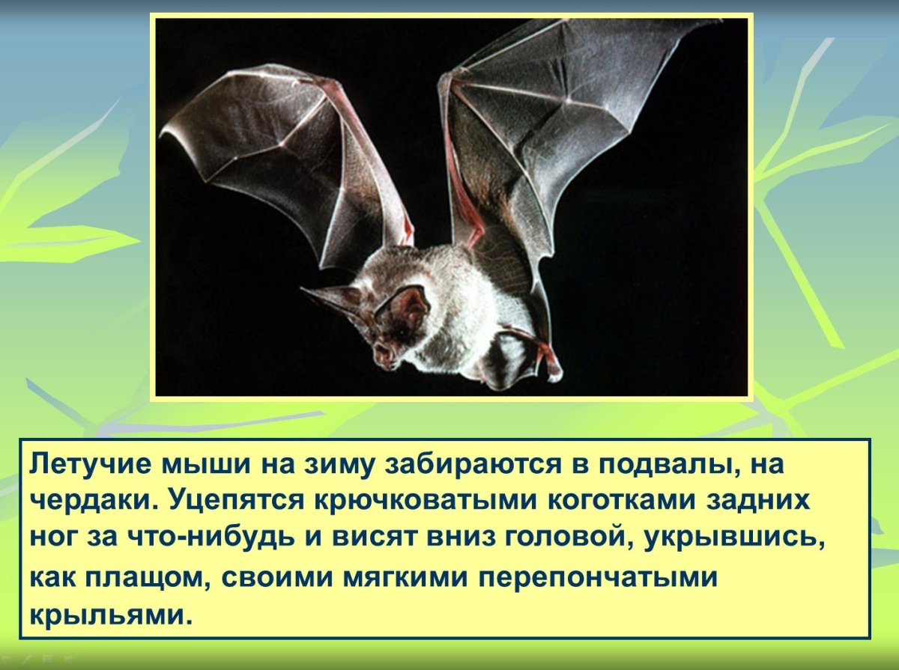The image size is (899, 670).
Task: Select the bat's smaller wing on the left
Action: click(285, 157)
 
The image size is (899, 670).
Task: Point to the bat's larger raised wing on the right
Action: click(547, 127)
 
